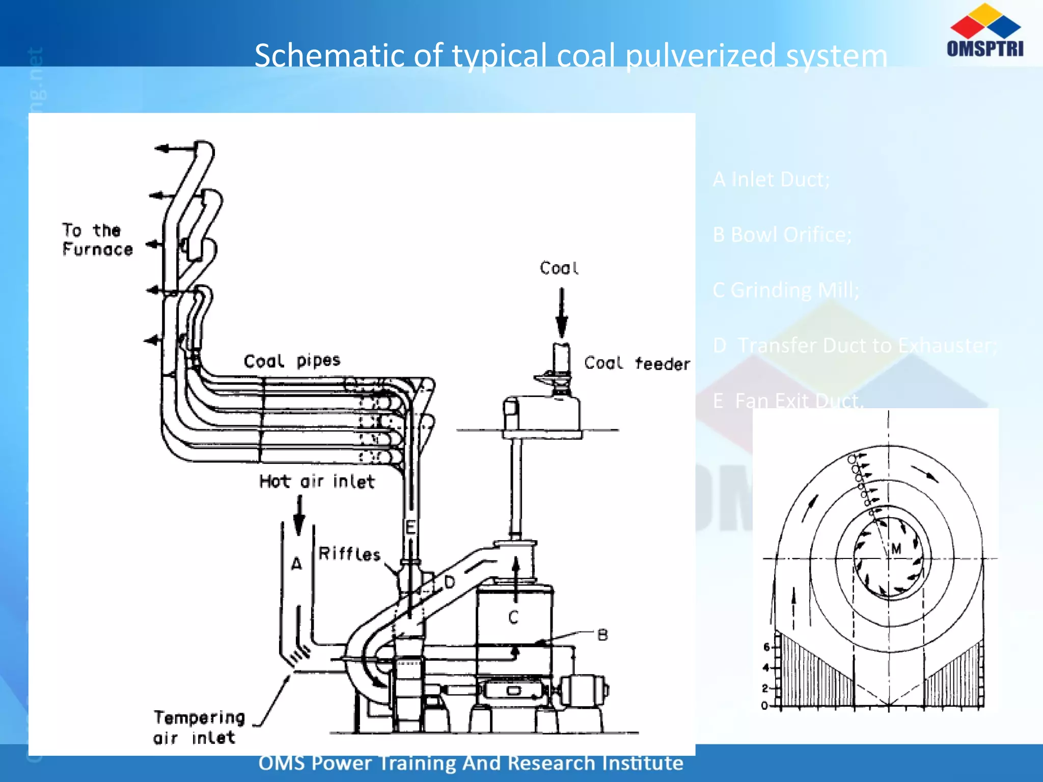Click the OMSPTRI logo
pyautogui.click(x=985, y=31)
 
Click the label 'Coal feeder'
pyautogui.click(x=637, y=364)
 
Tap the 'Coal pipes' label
pyautogui.click(x=292, y=361)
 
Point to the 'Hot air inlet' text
pyautogui.click(x=317, y=482)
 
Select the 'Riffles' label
pyautogui.click(x=349, y=554)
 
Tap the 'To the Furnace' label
pyautogui.click(x=97, y=240)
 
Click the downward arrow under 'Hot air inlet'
pyautogui.click(x=299, y=515)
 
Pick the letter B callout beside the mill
pyautogui.click(x=602, y=635)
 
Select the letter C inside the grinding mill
pyautogui.click(x=513, y=618)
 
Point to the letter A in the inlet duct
pyautogui.click(x=296, y=564)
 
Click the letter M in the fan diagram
pyautogui.click(x=896, y=548)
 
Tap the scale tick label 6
pyautogui.click(x=766, y=647)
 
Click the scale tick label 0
pyautogui.click(x=764, y=706)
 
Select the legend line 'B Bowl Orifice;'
pyautogui.click(x=782, y=235)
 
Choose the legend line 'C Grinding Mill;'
pyautogui.click(x=786, y=290)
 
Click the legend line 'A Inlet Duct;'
pyautogui.click(x=771, y=179)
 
